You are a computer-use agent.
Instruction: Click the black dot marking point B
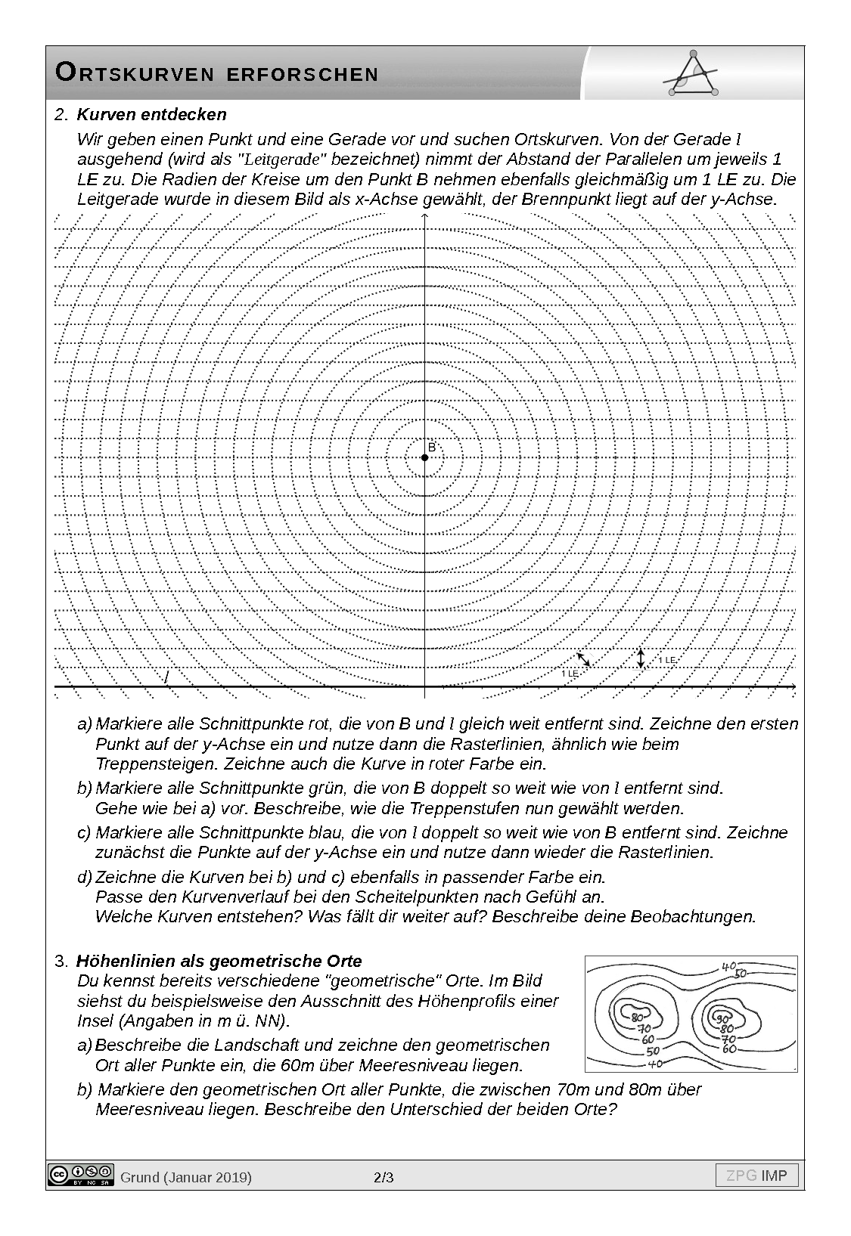424,457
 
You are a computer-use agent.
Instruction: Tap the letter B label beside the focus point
432,448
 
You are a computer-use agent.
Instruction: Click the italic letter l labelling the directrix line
166,677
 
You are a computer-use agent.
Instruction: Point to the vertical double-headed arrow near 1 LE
641,658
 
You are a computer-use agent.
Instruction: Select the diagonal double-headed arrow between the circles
582,660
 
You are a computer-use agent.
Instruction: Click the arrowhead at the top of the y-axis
425,218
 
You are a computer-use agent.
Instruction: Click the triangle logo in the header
691,73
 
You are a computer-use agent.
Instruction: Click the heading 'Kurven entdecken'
151,115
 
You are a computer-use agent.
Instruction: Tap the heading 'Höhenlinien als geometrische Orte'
219,961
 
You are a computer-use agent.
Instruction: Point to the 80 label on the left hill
637,1017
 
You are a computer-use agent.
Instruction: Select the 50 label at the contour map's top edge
741,974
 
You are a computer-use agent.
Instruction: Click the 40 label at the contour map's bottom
655,1064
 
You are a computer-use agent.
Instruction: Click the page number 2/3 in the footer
384,1177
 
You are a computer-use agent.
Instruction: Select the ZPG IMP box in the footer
756,1176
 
